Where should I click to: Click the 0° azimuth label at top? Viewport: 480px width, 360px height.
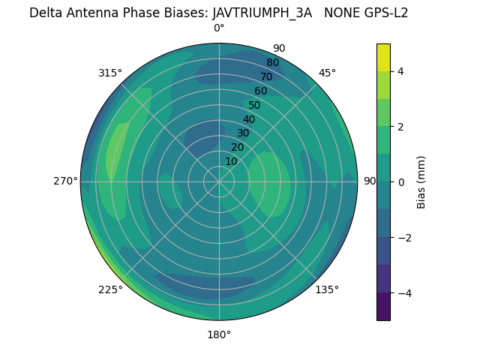[x=219, y=28]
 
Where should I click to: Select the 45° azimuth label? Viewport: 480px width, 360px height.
[x=327, y=73]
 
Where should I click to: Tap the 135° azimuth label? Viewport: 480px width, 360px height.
[x=327, y=289]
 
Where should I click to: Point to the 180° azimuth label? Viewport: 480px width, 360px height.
[x=219, y=334]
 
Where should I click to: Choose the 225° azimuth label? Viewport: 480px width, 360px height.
[x=110, y=289]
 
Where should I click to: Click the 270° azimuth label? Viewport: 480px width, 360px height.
[x=65, y=181]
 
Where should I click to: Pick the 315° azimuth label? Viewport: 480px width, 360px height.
[x=110, y=73]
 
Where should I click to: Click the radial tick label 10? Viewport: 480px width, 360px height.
[x=231, y=161]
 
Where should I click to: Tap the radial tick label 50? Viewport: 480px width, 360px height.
[x=255, y=105]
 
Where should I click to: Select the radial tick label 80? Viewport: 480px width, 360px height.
[x=273, y=63]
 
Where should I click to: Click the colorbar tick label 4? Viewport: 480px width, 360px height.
[x=401, y=71]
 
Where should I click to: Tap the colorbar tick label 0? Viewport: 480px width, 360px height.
[x=401, y=182]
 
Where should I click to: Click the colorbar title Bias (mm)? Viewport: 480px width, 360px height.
[x=421, y=182]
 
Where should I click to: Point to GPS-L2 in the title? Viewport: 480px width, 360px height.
[x=384, y=13]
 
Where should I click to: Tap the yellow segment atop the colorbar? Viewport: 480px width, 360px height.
[x=383, y=58]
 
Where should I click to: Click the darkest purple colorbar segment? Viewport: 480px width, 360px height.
[x=383, y=307]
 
